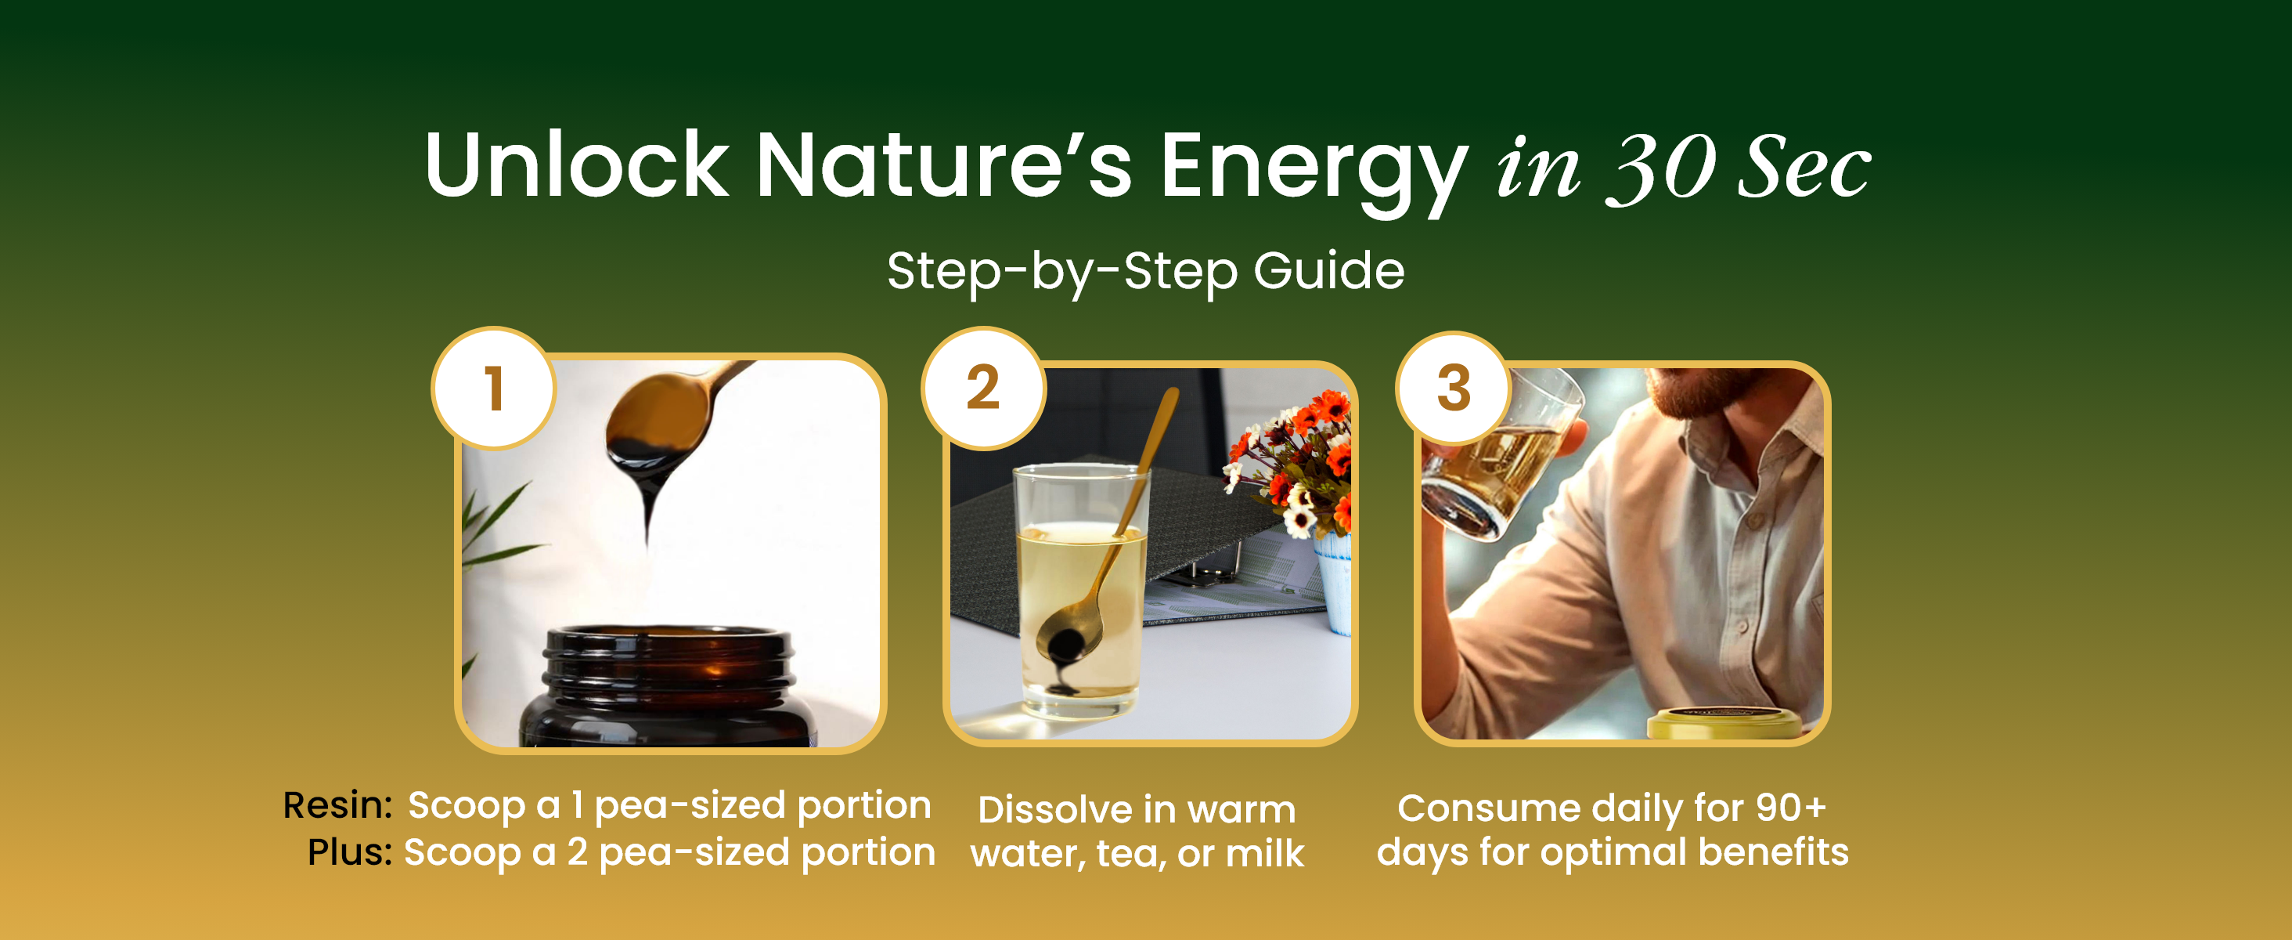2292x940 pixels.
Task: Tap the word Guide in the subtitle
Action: (1329, 269)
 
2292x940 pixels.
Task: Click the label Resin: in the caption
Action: (337, 804)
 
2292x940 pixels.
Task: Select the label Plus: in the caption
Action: (350, 852)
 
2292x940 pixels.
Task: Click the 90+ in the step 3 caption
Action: (1790, 808)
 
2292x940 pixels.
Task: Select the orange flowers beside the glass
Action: (1295, 463)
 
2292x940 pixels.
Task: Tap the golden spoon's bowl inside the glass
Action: (1069, 635)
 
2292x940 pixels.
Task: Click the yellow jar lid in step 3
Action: (1724, 723)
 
